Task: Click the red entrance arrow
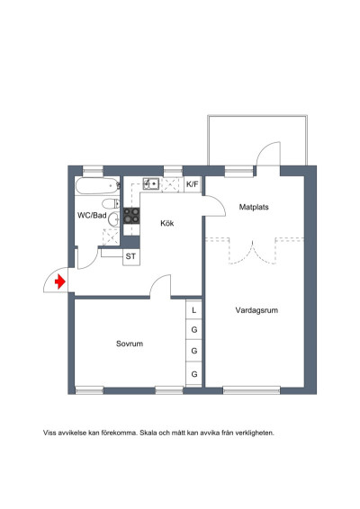coord(59,281)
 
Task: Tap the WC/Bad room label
coord(92,216)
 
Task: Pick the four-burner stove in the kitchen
coord(131,216)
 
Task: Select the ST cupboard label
coord(131,256)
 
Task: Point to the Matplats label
coord(254,207)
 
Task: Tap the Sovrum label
coord(130,344)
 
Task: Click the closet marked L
coord(193,310)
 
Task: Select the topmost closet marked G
coord(193,331)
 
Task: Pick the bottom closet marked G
coord(193,372)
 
